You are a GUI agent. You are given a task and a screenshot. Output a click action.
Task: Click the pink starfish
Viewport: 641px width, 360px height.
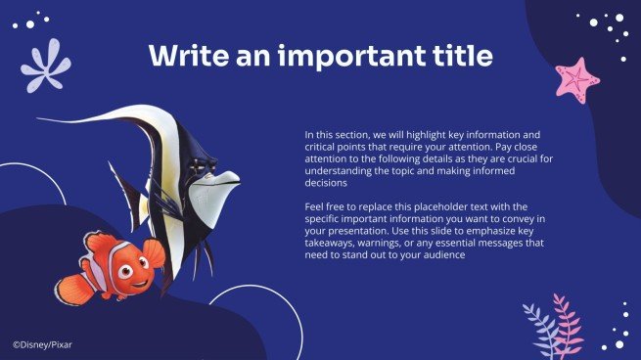pyautogui.click(x=576, y=78)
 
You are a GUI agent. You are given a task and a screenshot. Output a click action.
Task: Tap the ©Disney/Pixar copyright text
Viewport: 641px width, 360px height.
pyautogui.click(x=42, y=344)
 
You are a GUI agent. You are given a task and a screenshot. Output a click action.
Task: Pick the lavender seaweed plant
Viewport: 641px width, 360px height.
pyautogui.click(x=539, y=330)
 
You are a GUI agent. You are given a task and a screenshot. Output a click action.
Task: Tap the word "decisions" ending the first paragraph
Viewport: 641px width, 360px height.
pyautogui.click(x=326, y=182)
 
